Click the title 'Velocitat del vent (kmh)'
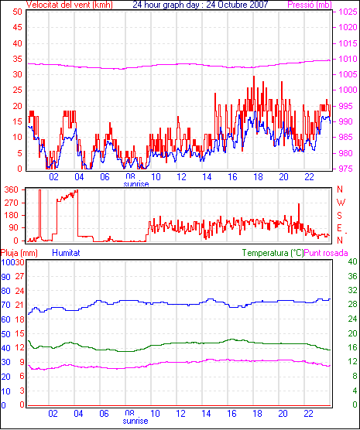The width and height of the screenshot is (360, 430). [x=69, y=5]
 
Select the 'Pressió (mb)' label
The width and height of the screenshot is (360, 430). [x=310, y=5]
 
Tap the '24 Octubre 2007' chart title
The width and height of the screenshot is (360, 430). [x=237, y=5]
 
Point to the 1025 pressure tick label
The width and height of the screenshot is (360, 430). [x=348, y=12]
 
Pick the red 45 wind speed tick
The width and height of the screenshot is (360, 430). [x=17, y=27]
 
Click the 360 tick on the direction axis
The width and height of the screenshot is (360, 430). [x=12, y=189]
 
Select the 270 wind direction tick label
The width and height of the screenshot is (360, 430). [x=12, y=203]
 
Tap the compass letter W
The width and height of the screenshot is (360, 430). [x=341, y=203]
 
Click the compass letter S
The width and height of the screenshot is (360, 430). [x=340, y=216]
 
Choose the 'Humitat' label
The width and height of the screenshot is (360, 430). [x=66, y=253]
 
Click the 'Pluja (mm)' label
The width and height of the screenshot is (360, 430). [x=19, y=253]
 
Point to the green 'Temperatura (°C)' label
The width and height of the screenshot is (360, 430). [x=273, y=253]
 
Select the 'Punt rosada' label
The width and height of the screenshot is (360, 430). [x=326, y=253]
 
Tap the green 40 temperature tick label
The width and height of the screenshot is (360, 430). [x=352, y=261]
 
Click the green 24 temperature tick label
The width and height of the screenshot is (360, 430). [x=352, y=319]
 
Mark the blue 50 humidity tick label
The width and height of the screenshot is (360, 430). [x=5, y=334]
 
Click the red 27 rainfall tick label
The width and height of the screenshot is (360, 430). [x=19, y=276]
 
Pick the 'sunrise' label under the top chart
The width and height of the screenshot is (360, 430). [x=136, y=184]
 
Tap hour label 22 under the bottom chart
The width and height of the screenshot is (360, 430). [x=309, y=413]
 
